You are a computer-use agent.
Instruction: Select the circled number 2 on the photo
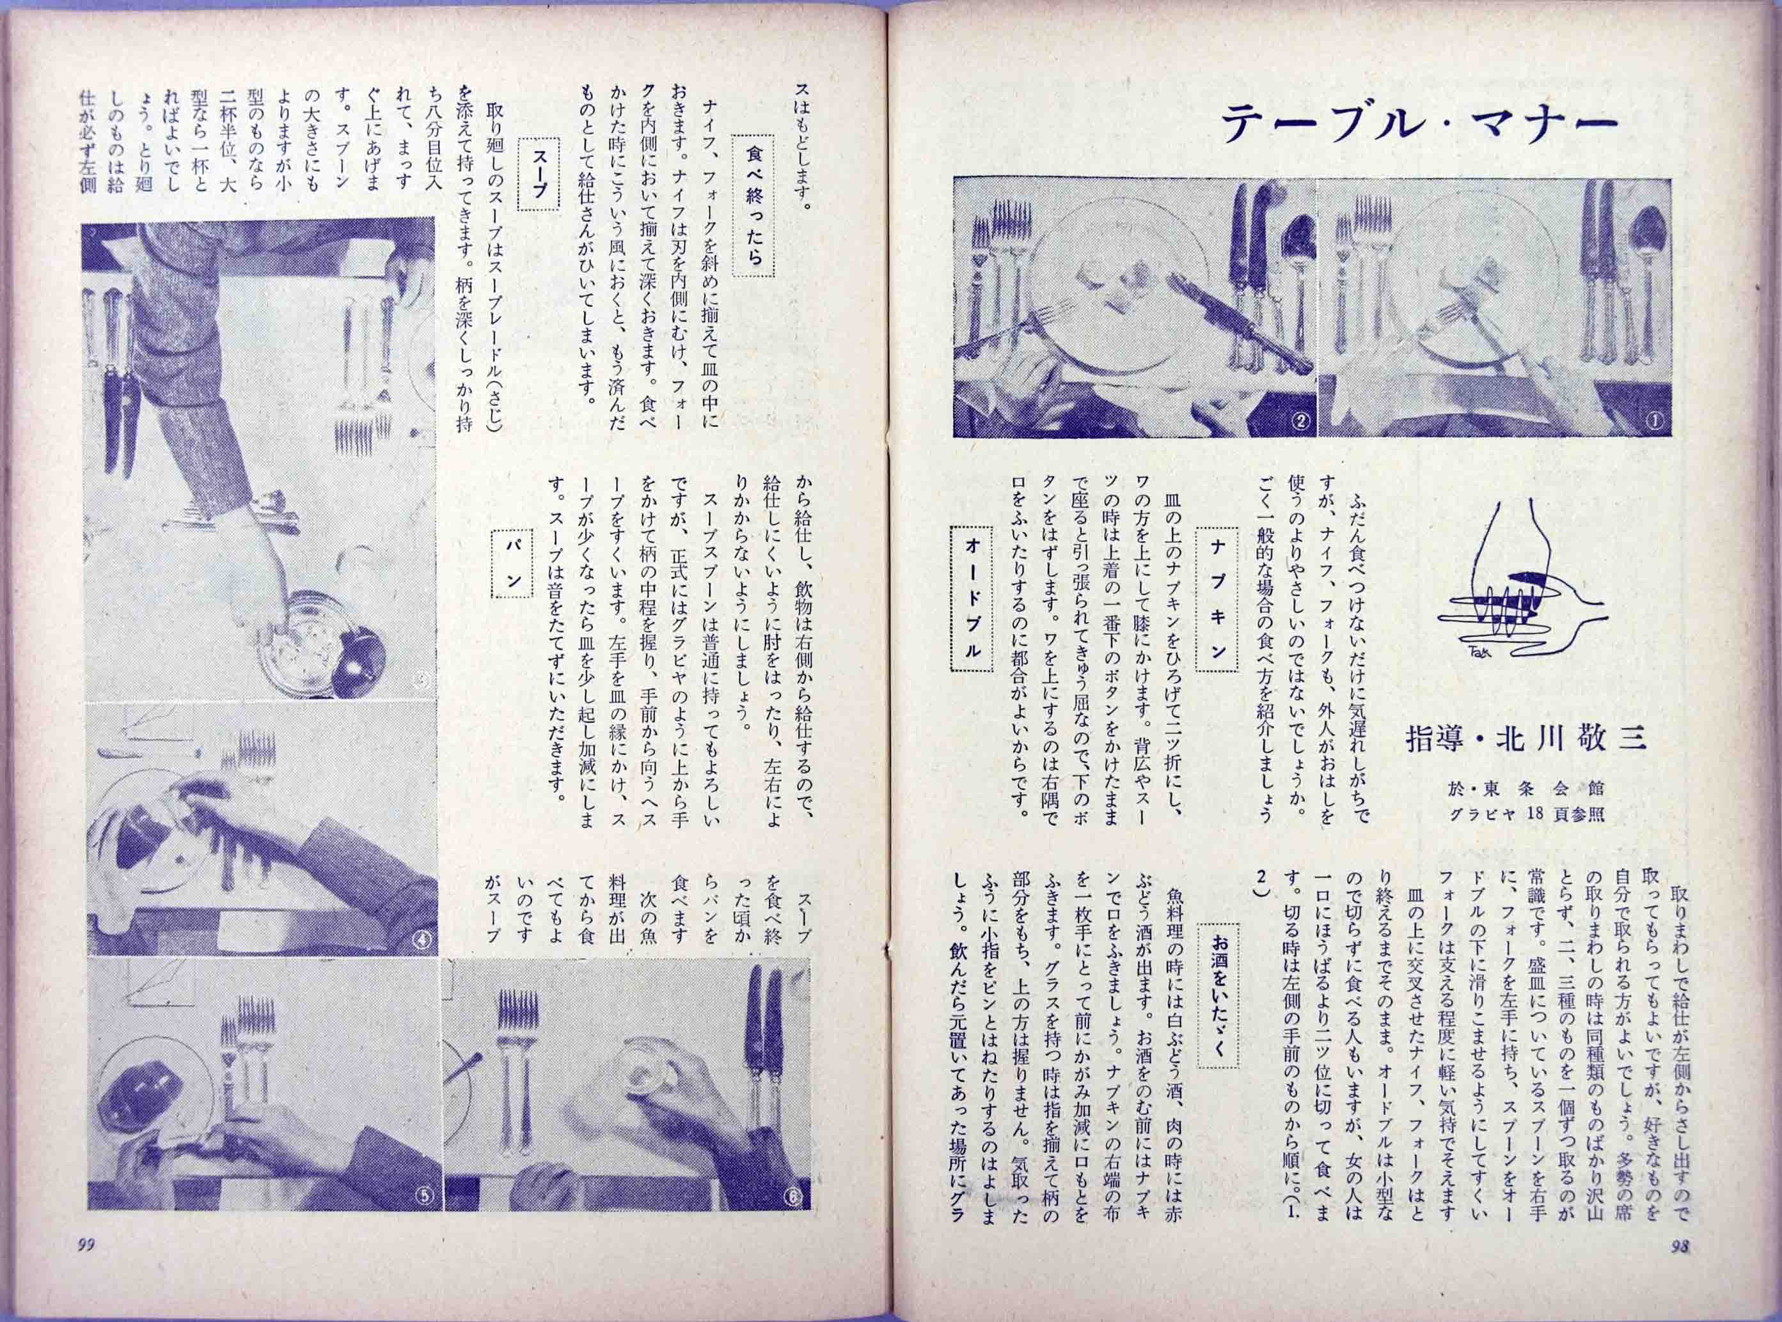click(1298, 420)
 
